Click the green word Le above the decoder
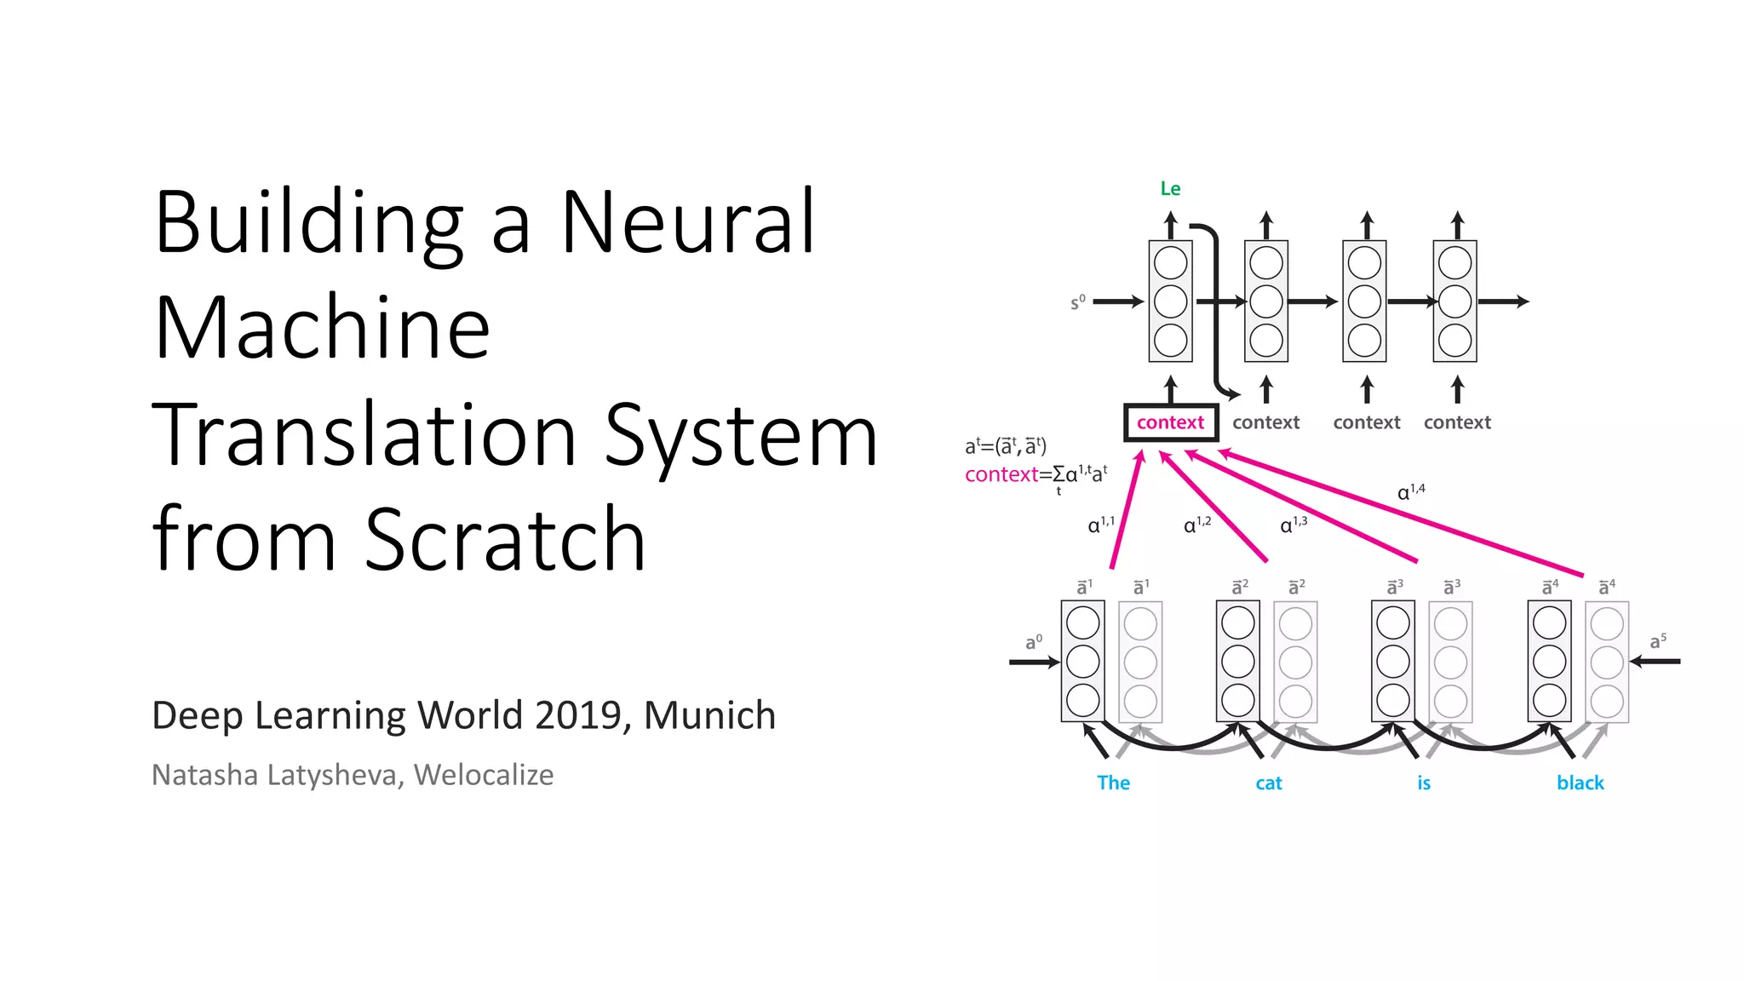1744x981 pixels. point(1170,188)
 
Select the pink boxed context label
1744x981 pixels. point(1170,422)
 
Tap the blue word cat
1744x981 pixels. point(1268,783)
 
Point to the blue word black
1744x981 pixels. point(1580,783)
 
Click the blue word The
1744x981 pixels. point(1113,783)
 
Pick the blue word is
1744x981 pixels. point(1424,783)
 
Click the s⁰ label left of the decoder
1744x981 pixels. point(1077,302)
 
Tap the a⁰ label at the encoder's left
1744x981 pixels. point(1033,642)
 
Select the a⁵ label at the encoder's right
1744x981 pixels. point(1657,641)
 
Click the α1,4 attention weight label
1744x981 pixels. point(1410,491)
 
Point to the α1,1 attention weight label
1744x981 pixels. point(1101,525)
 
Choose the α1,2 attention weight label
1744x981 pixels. point(1196,525)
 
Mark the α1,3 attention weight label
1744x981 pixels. point(1294,525)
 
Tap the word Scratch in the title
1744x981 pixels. point(505,538)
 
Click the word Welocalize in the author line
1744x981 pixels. point(483,775)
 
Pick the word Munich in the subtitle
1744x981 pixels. point(709,715)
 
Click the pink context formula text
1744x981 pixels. point(1035,474)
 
